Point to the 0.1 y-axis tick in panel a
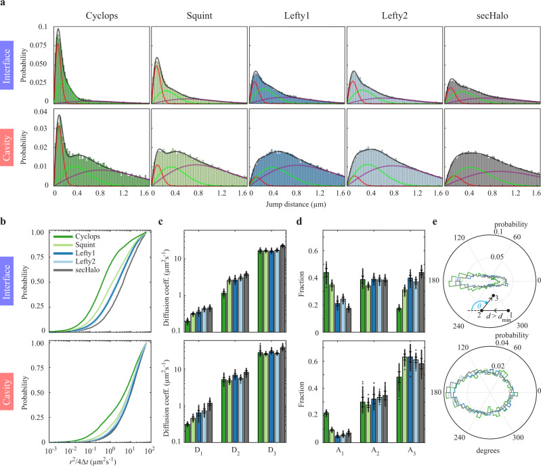[44, 27]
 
